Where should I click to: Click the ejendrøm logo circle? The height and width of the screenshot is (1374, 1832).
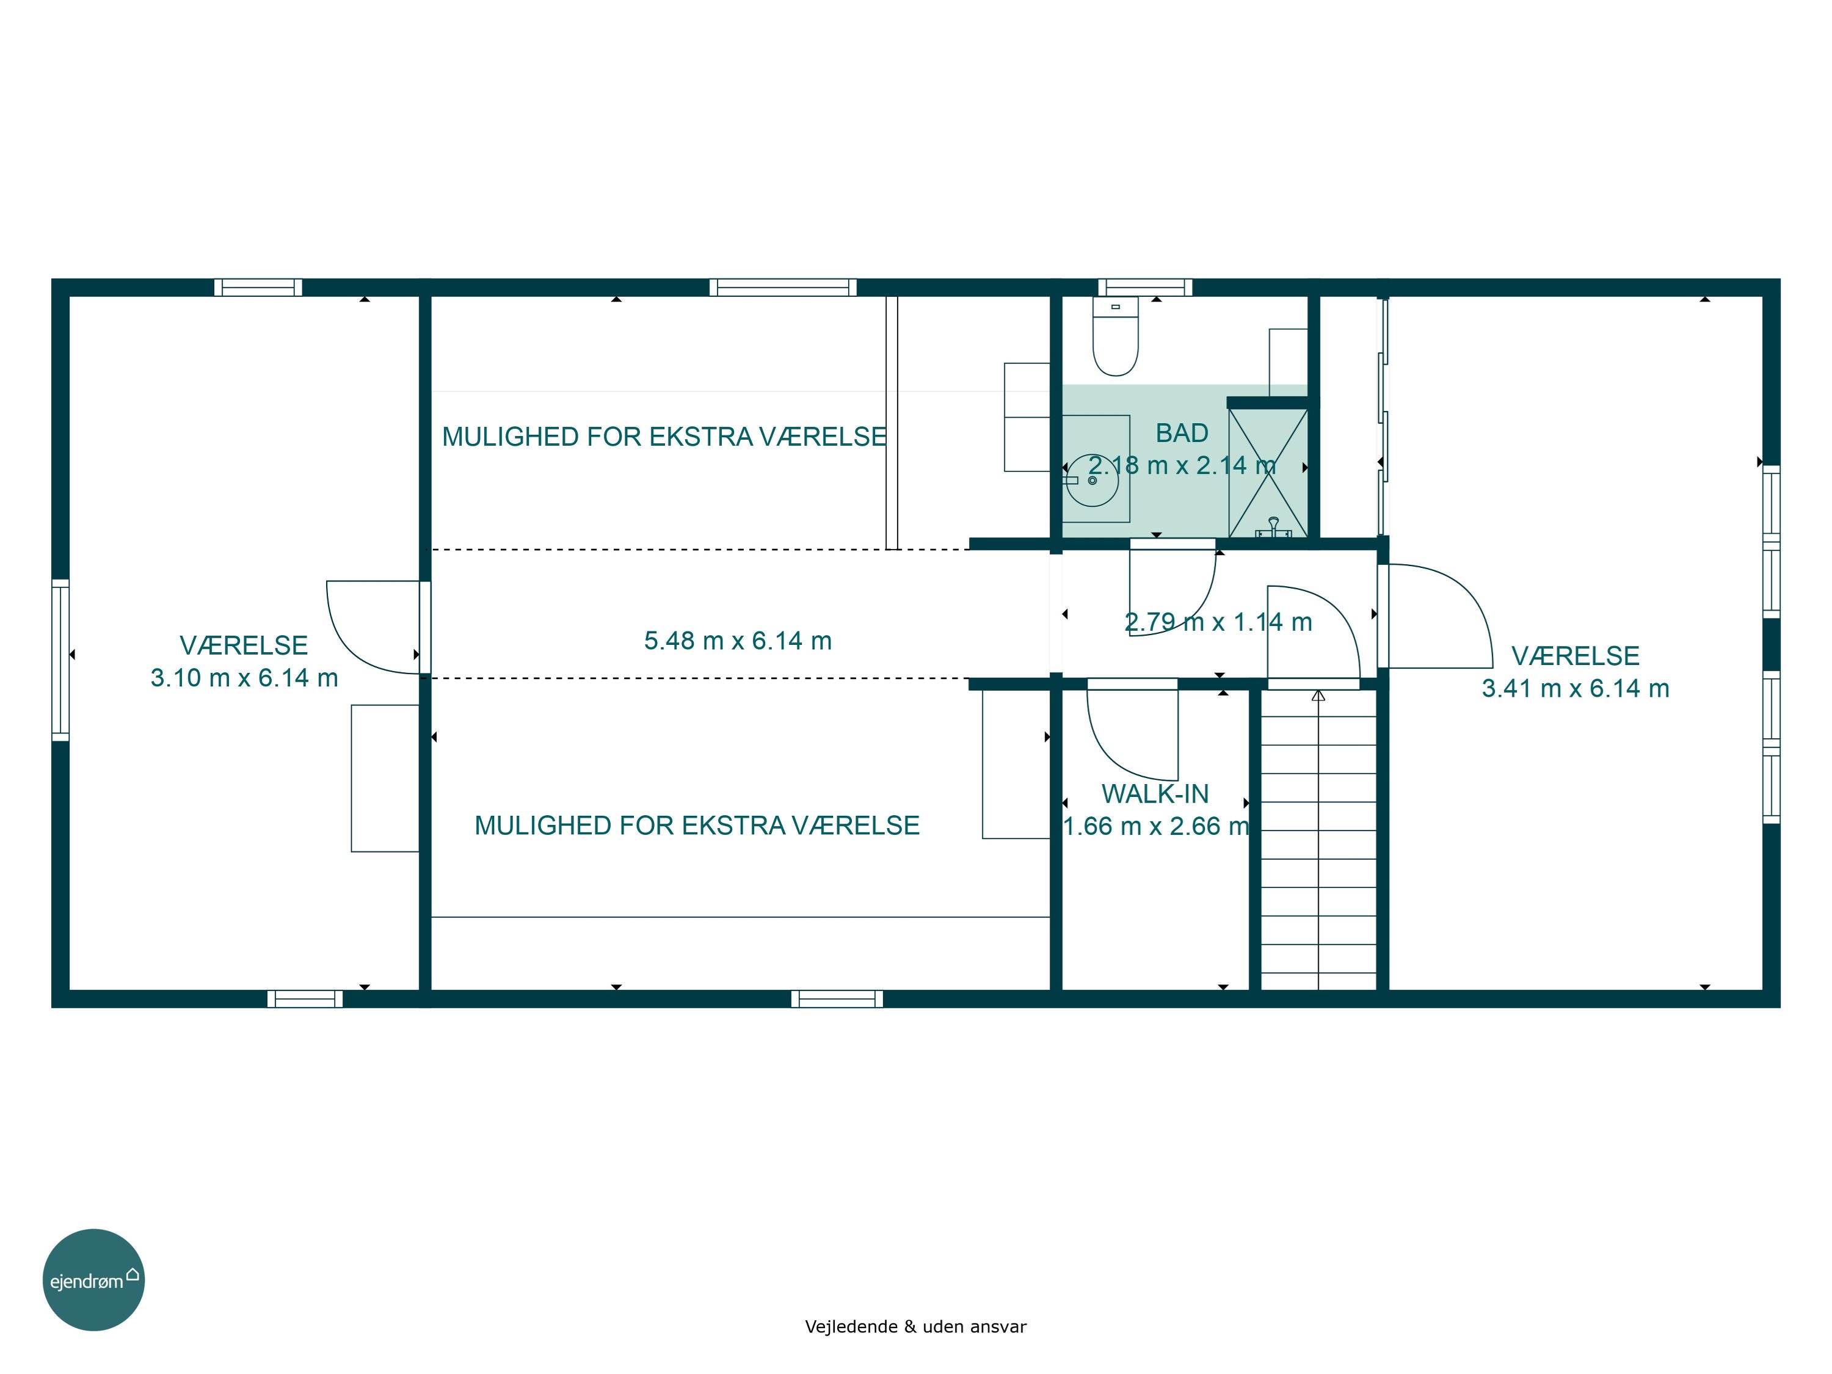[x=93, y=1279]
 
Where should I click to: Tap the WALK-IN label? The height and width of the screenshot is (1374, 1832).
[x=1155, y=793]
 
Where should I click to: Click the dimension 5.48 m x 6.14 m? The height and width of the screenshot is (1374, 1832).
[x=738, y=640]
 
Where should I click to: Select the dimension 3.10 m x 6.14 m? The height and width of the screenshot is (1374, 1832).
[x=244, y=677]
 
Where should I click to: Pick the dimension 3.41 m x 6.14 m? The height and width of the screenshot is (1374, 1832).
[x=1576, y=688]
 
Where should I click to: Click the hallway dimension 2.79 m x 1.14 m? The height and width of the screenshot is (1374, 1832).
[x=1218, y=622]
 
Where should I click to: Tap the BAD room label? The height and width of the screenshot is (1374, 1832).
[x=1182, y=433]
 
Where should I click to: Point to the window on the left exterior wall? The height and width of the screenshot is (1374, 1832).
[x=60, y=660]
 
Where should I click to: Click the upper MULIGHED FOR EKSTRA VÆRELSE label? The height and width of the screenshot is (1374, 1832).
[x=664, y=437]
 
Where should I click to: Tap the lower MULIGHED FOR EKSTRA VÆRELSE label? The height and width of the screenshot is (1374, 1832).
[x=697, y=825]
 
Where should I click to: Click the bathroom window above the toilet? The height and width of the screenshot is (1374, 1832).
[x=1146, y=288]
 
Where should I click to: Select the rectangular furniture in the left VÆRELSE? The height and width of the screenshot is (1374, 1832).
[x=385, y=778]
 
